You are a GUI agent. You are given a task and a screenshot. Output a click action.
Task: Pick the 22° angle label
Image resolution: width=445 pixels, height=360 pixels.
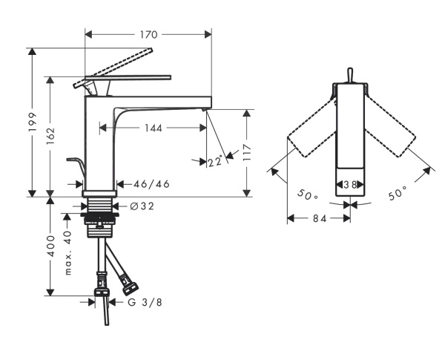[x=215, y=161]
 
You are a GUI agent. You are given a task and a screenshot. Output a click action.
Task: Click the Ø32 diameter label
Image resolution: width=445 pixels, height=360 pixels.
[x=142, y=206]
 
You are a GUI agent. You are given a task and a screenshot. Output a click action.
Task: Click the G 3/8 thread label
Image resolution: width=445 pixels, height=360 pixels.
[x=142, y=301]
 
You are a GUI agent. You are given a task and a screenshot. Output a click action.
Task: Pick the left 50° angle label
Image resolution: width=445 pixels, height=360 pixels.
[x=306, y=195]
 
